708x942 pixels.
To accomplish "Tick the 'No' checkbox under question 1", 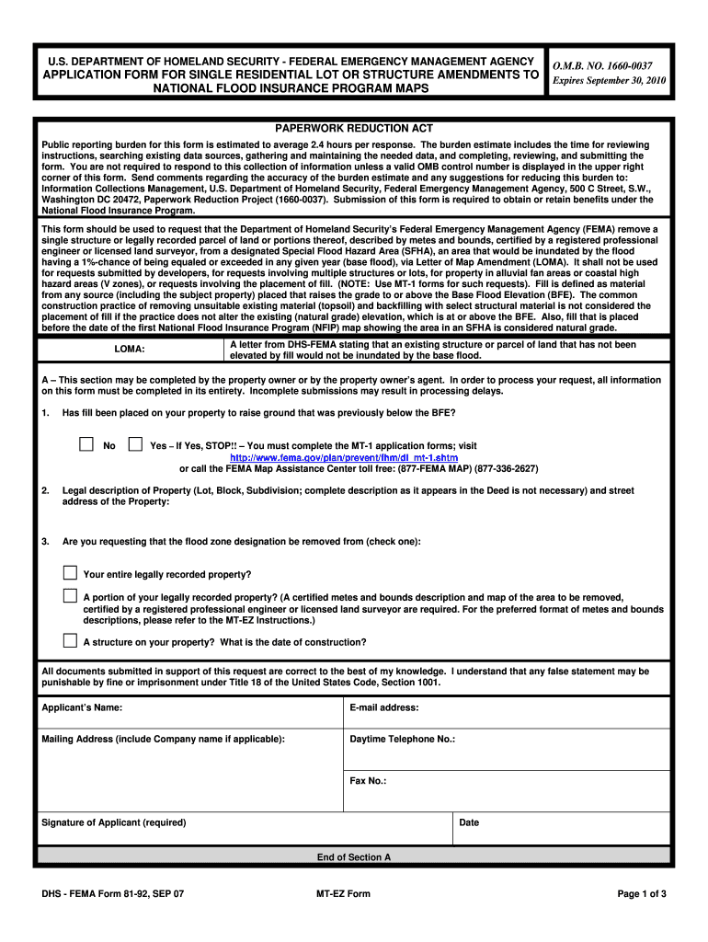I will [x=86, y=444].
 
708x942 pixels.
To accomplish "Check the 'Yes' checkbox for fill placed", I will [x=135, y=444].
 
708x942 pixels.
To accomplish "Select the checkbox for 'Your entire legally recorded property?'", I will [x=71, y=572].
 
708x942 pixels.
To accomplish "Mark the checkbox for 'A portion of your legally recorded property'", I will [x=71, y=596].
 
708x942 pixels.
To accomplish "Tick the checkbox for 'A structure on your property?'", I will [x=71, y=640].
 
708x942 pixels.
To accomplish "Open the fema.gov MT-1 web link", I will [x=343, y=457].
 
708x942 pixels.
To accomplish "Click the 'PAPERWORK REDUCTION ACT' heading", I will [x=354, y=129].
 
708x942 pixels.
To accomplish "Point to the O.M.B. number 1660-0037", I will [x=602, y=66].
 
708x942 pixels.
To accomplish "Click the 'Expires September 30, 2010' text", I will [x=608, y=81].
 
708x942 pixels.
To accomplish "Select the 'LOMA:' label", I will [x=129, y=350].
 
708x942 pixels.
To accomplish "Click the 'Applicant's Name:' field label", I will [x=82, y=707].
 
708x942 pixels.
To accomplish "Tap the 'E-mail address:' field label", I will [x=384, y=707].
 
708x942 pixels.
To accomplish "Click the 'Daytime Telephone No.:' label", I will [x=403, y=739].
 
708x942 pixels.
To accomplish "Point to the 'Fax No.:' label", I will [x=368, y=781].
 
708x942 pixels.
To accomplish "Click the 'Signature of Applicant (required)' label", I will [x=114, y=822].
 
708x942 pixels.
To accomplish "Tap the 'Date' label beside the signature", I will [x=469, y=822].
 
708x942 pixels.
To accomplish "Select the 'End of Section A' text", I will [x=354, y=857].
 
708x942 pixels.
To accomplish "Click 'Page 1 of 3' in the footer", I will [x=642, y=894].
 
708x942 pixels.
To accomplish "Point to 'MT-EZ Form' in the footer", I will [x=343, y=894].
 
